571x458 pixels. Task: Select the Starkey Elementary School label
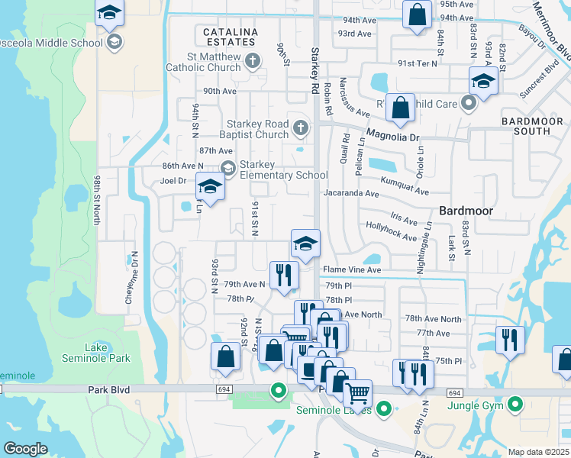pos(283,169)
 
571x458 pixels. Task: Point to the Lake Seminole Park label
pos(107,353)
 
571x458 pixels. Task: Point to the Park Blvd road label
pos(108,389)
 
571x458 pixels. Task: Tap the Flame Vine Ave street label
pos(351,269)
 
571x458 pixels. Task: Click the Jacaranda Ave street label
pos(350,194)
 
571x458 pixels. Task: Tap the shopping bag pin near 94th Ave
pos(417,14)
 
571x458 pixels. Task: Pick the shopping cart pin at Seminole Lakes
pos(357,394)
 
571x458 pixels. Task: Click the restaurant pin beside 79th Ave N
pos(284,275)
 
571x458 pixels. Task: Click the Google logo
pos(26,449)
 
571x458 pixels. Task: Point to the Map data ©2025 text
pos(538,452)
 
